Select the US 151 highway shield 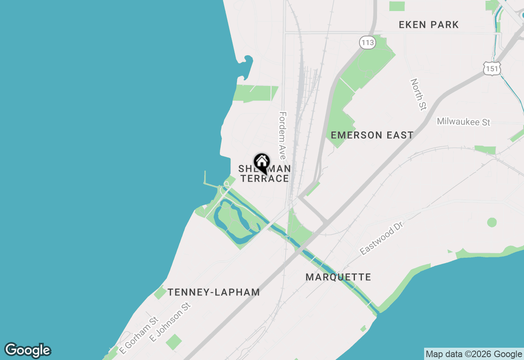point(491,69)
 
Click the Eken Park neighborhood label point(429,25)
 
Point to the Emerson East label point(372,135)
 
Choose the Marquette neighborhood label point(338,277)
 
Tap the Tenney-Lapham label point(214,292)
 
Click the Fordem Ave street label point(282,136)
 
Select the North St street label point(418,94)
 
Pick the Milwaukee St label point(463,122)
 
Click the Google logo point(28,351)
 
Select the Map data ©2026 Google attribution point(474,354)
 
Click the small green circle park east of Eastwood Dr point(492,223)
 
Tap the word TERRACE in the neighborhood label point(264,178)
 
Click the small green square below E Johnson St point(174,342)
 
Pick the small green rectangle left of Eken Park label point(397,6)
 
